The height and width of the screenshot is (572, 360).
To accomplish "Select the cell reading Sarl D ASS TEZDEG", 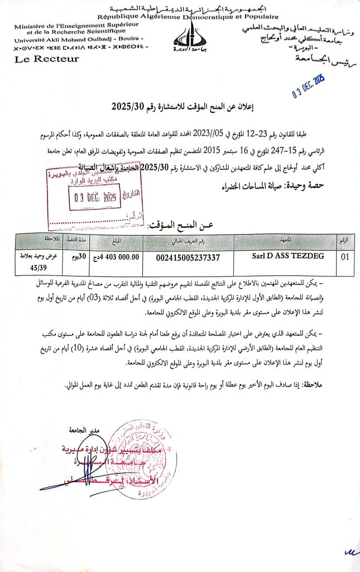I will [x=284, y=258].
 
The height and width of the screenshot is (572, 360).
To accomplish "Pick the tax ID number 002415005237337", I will [x=188, y=258].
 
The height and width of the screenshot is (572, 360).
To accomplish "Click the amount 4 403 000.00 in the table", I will [x=116, y=258].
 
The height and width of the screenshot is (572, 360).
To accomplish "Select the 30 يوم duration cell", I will [x=76, y=258].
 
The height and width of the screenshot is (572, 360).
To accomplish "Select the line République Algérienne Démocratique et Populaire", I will [x=179, y=17].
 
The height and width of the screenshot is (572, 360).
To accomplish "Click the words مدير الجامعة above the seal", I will [x=83, y=431].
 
